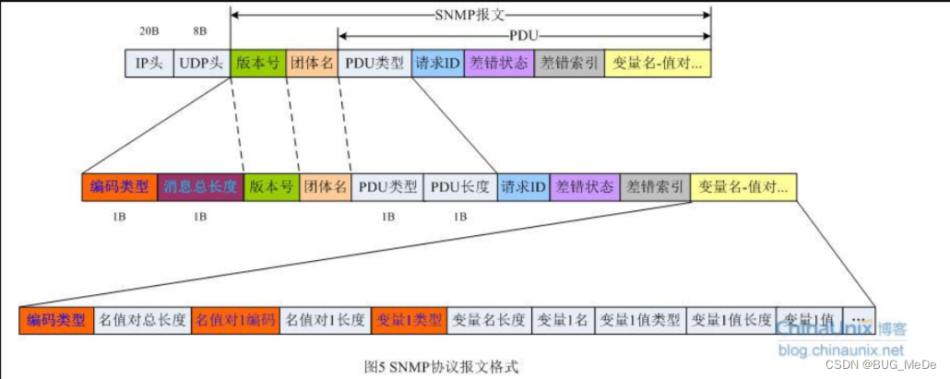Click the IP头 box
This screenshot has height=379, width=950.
pos(148,64)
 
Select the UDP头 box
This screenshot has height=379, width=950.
pos(202,64)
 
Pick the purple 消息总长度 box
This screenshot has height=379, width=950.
pos(200,187)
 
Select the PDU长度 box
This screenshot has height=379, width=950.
pos(460,187)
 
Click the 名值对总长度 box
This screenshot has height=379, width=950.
pos(143,320)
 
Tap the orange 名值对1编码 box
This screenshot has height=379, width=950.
pos(234,320)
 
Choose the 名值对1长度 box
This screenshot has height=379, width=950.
pos(326,320)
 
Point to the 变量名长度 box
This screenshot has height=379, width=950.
pos(489,320)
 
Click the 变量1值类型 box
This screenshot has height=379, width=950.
pos(640,320)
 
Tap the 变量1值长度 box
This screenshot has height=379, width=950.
pos(731,320)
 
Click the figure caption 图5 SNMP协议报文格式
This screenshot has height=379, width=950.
pos(442,365)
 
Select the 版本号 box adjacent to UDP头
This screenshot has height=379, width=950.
pos(258,64)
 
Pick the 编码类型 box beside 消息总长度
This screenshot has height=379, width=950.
pos(120,187)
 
